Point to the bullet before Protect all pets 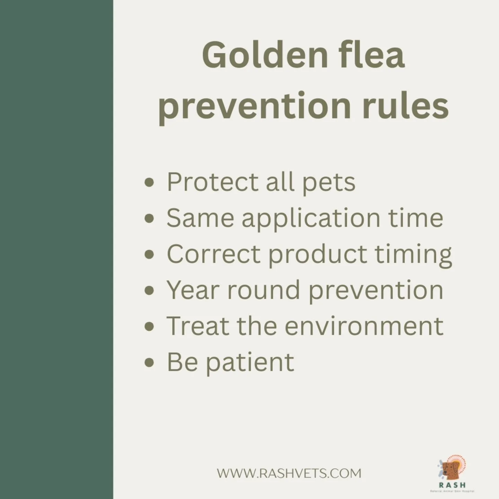coord(149,182)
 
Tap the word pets coord(329,183)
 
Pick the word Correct coord(213,254)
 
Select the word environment coord(364,326)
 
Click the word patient coord(250,363)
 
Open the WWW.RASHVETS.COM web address coord(289,473)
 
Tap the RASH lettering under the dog coord(452,485)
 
